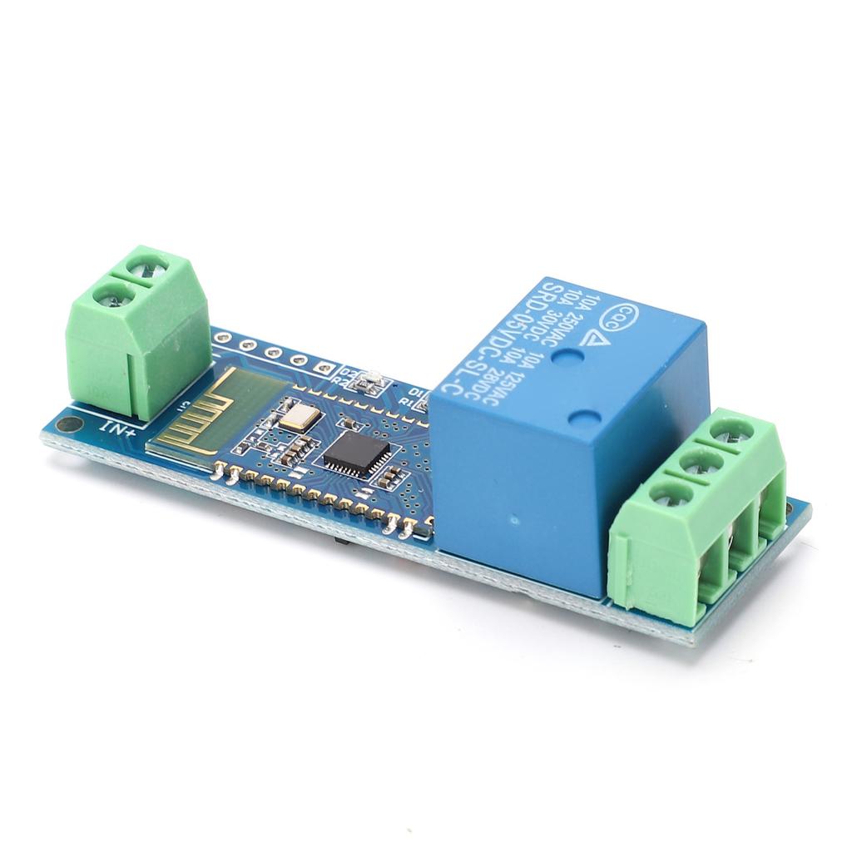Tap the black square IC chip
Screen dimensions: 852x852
(x=357, y=455)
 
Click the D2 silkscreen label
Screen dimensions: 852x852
(x=349, y=372)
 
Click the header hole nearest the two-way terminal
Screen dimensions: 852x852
(x=223, y=338)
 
